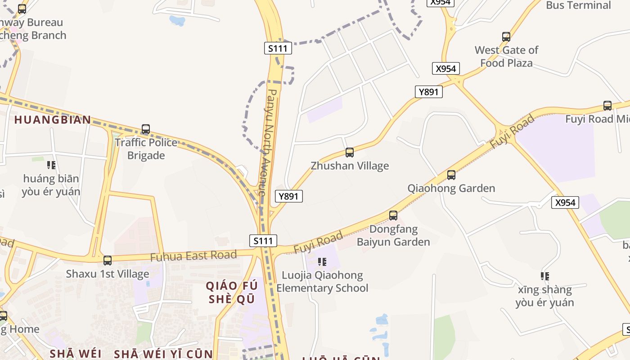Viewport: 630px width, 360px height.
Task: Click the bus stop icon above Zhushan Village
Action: (350, 153)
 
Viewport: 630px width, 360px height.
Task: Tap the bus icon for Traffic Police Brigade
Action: (146, 130)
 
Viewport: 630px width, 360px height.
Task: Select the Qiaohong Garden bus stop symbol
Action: (451, 175)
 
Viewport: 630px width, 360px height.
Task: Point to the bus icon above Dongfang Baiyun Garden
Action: (393, 216)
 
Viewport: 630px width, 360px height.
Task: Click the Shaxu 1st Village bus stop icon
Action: (108, 261)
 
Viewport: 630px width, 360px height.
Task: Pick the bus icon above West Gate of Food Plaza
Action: (506, 37)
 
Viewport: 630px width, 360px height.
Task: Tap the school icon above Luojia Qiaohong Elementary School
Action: (322, 261)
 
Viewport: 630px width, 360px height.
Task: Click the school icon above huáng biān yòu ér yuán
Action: (51, 165)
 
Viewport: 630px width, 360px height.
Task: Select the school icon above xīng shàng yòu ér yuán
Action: (544, 276)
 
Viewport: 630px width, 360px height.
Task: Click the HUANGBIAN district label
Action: (53, 120)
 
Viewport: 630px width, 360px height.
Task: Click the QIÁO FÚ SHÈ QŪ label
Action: (232, 292)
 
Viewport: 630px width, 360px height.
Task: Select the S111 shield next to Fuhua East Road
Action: (263, 241)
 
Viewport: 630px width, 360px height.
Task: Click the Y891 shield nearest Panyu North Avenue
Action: (289, 196)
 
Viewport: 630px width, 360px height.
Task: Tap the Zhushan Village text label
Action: (350, 166)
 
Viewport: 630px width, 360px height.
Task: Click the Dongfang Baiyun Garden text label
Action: (393, 235)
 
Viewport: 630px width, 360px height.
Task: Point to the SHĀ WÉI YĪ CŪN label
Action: (163, 354)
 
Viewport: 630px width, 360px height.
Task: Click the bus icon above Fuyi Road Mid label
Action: (607, 106)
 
